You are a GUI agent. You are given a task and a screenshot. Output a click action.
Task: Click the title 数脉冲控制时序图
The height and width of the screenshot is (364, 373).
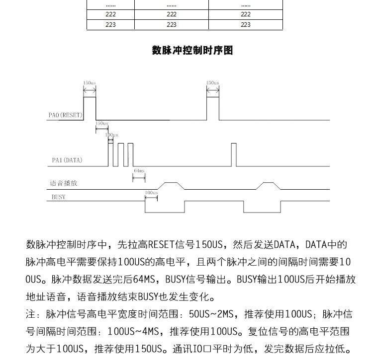192,50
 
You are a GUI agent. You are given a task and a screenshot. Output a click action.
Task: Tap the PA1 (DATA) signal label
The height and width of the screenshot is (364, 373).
67,160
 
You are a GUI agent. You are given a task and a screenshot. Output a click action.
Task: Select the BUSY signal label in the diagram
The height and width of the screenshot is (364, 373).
58,197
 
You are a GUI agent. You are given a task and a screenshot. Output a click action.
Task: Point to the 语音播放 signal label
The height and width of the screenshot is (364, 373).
63,183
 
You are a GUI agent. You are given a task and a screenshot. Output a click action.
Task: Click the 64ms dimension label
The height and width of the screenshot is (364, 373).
139,170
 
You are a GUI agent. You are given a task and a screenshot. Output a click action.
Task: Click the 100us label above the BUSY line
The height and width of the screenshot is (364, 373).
151,192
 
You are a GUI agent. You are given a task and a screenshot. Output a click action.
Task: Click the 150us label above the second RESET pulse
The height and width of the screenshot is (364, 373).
212,83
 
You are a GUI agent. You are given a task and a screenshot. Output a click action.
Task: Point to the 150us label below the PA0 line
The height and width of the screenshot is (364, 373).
101,123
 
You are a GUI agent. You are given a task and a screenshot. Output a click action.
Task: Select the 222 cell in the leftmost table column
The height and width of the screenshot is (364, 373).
110,14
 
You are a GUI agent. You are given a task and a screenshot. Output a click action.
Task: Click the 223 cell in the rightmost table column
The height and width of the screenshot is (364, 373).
245,24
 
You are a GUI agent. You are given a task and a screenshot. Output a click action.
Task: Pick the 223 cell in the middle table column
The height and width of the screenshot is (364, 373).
172,24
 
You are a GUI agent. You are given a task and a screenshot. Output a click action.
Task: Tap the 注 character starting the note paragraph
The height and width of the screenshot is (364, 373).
29,315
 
